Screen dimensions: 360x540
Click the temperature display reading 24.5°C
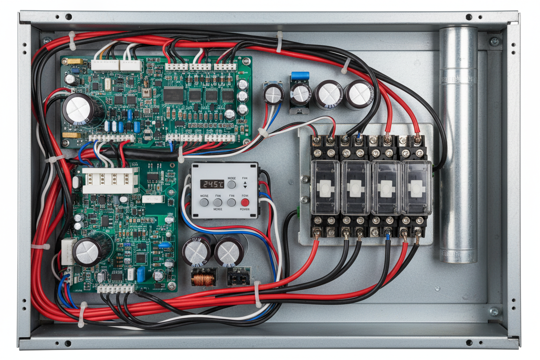212,184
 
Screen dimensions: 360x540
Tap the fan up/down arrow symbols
245,185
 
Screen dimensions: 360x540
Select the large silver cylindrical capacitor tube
458,145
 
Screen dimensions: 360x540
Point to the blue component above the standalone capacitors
300,76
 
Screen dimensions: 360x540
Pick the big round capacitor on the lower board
87,252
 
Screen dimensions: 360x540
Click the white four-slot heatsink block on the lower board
111,180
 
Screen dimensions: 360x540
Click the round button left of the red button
231,202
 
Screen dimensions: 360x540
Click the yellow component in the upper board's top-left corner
73,61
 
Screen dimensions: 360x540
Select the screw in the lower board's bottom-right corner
172,286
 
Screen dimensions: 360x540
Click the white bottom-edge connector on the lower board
116,288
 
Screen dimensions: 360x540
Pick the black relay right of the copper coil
238,276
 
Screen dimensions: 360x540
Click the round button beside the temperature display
232,185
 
